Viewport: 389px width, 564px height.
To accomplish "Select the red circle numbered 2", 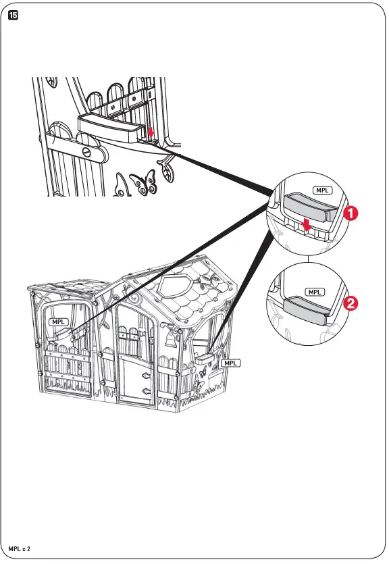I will point(351,303).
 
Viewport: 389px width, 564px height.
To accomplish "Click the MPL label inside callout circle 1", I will point(322,190).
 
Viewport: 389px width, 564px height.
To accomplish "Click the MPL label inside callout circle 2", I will point(314,292).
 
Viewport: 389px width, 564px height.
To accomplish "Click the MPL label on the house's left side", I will point(59,323).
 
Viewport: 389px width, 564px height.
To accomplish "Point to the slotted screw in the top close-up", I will point(86,153).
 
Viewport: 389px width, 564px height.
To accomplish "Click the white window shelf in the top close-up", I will point(110,126).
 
